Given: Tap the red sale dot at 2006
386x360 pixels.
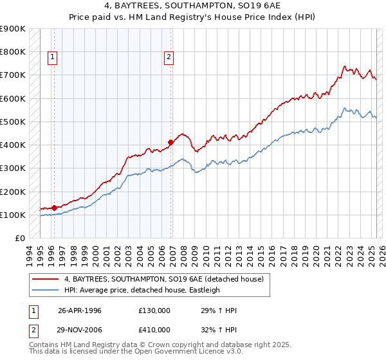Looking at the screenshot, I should click(170, 142).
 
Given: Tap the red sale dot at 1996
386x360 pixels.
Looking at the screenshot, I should click(54, 207).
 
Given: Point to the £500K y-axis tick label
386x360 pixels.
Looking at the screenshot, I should click(13, 122).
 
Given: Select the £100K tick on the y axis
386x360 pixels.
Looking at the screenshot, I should click(13, 215).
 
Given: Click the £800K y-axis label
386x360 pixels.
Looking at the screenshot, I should click(13, 51).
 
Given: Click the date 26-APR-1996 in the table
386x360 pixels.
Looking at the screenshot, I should click(80, 310).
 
